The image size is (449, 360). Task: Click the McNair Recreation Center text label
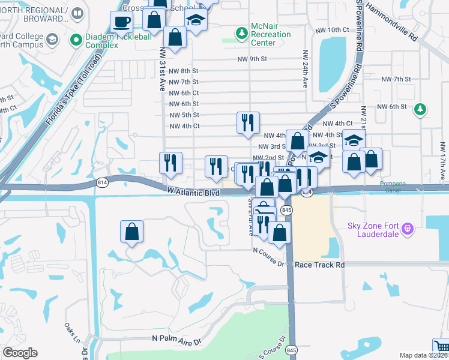(x=270, y=35)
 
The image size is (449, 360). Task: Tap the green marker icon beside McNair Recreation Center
(x=241, y=31)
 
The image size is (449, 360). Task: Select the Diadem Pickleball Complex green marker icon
(x=76, y=40)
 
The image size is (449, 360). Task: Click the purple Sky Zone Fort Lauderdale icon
(x=409, y=228)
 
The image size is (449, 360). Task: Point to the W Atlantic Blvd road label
(x=194, y=192)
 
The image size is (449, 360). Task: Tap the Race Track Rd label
(x=320, y=265)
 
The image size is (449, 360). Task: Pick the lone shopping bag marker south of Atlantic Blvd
(x=132, y=232)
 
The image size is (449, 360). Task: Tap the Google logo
(x=20, y=353)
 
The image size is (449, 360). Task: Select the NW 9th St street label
(x=250, y=59)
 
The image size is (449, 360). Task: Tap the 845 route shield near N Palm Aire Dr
(x=292, y=349)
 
